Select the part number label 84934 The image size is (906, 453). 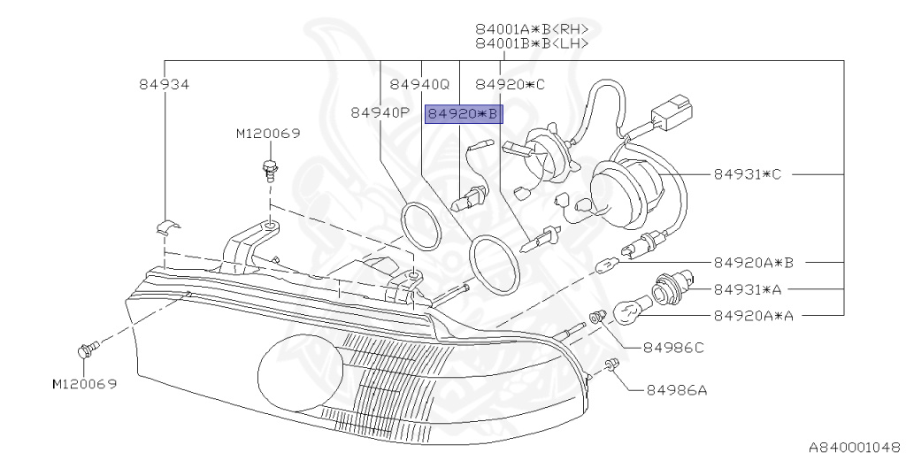pos(165,84)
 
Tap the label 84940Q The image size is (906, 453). pos(419,84)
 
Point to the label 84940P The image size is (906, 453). pos(380,112)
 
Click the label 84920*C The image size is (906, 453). pos(511,84)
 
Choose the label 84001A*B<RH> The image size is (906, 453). pos(531,27)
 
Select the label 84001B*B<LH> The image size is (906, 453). pos(531,42)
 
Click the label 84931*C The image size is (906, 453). pos(748,173)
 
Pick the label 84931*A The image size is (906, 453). pos(748,288)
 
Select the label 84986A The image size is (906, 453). pos(676,388)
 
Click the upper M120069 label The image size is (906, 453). pos(268,134)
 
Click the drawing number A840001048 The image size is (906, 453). pos(853,447)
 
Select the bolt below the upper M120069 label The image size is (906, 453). pos(269,167)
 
